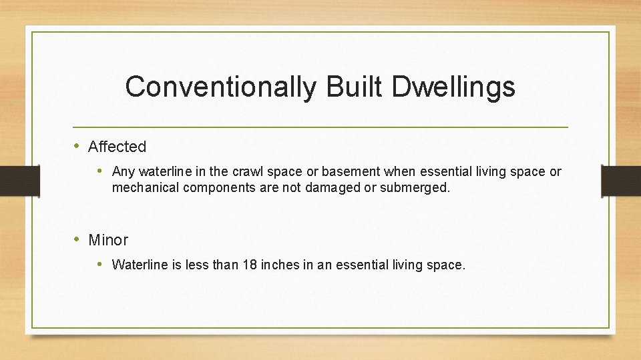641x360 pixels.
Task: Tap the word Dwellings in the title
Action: click(453, 87)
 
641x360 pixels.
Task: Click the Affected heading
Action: click(117, 147)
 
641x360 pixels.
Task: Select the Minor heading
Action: click(108, 240)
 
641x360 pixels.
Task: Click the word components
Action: click(213, 188)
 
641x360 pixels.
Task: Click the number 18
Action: click(249, 265)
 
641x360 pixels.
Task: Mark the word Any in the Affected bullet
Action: click(123, 172)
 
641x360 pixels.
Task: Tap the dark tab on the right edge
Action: click(621, 181)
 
